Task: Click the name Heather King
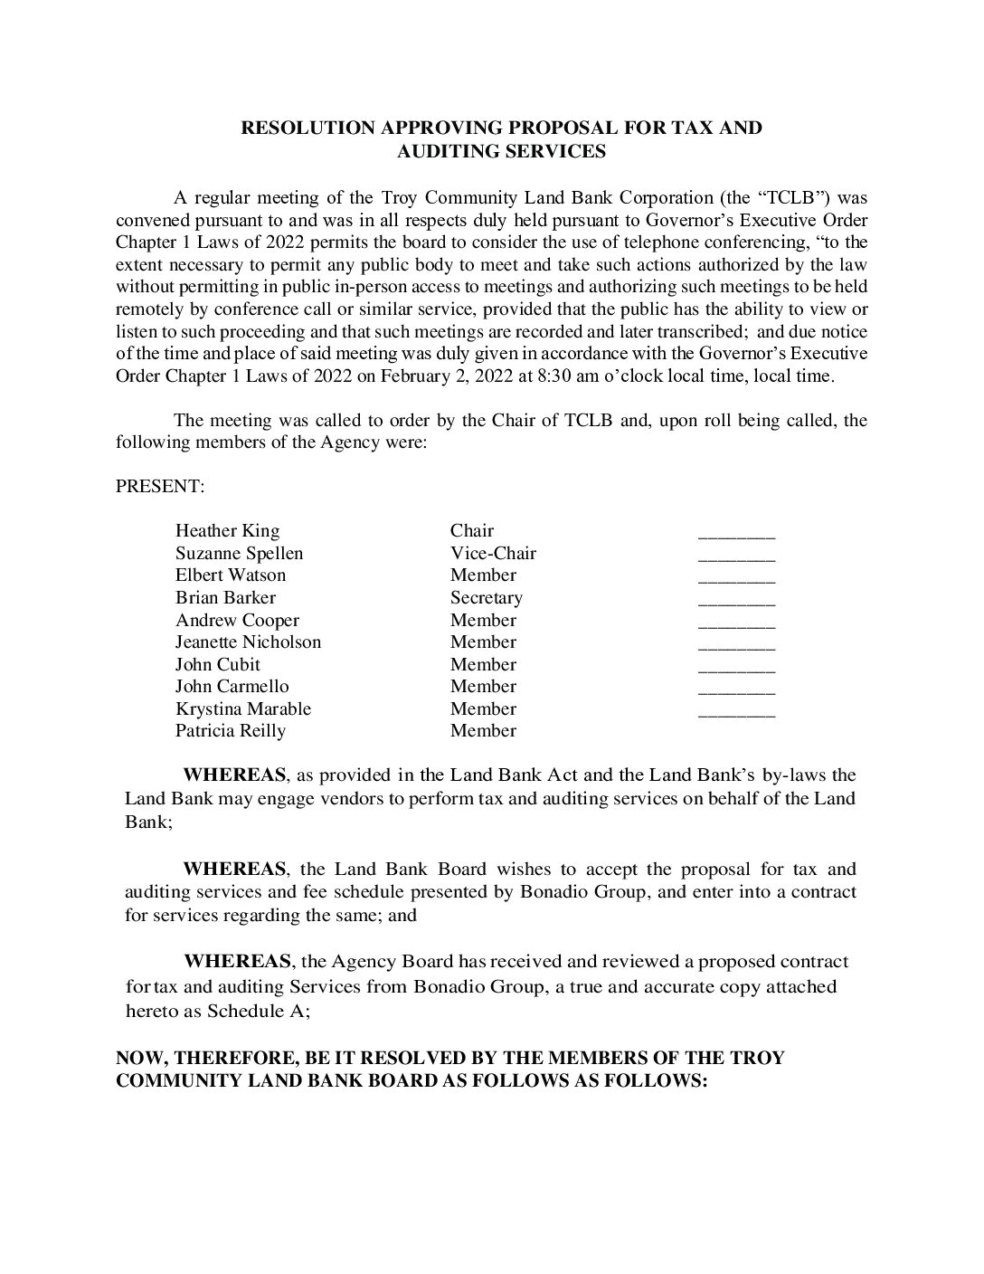click(227, 531)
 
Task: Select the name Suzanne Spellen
click(239, 553)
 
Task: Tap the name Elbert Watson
click(230, 575)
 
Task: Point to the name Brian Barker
click(225, 598)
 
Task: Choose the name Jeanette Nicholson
click(248, 642)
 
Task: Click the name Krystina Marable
click(242, 709)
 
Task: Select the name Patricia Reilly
click(230, 731)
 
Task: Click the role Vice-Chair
click(493, 553)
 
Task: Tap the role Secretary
click(486, 598)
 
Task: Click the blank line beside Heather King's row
click(736, 536)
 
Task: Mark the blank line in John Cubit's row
click(736, 670)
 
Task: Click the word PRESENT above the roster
click(159, 487)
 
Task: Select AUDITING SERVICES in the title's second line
click(501, 152)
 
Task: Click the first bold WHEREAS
click(234, 775)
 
